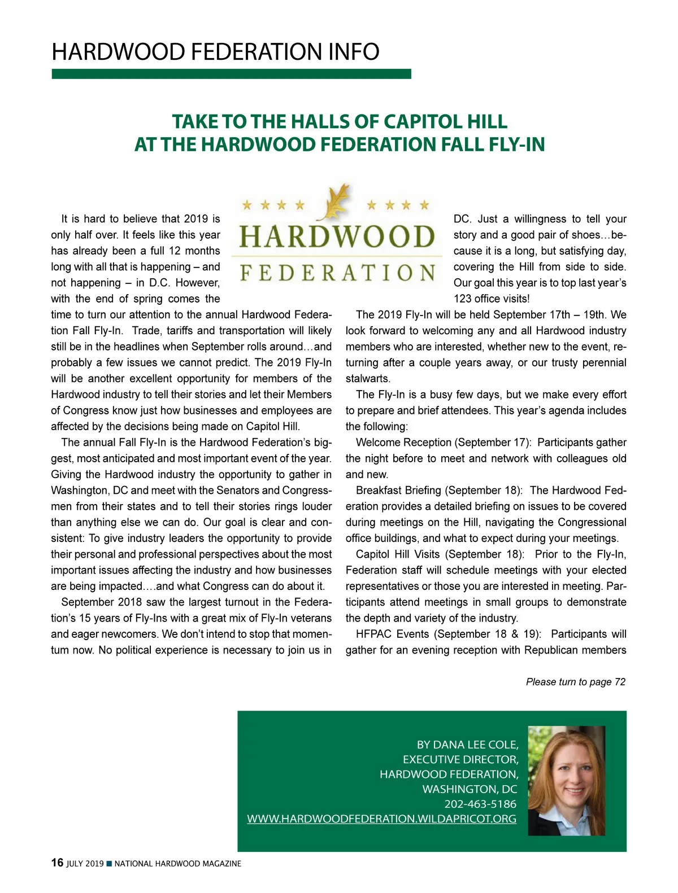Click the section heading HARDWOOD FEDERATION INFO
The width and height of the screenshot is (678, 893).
(x=215, y=52)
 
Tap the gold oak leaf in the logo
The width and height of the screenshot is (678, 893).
(x=334, y=202)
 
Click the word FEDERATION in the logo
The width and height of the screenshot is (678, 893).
(x=337, y=273)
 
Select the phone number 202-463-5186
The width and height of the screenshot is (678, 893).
(x=480, y=804)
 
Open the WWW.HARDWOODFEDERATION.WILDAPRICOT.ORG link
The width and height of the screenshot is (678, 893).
(x=381, y=818)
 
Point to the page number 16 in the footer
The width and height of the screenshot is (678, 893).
(x=57, y=863)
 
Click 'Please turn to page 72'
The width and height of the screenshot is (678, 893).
(x=575, y=682)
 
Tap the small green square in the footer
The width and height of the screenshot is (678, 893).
(x=109, y=864)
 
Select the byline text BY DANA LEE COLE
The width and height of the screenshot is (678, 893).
(x=467, y=745)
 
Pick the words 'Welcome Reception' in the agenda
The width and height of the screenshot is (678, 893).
(x=403, y=443)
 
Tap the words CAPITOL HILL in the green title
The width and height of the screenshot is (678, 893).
(x=445, y=121)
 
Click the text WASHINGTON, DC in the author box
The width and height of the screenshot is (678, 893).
(x=470, y=789)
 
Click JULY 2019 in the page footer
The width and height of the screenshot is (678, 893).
(x=85, y=864)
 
